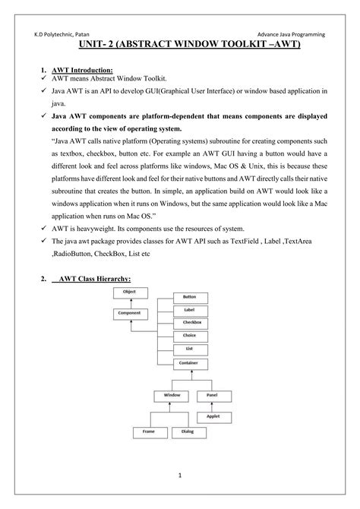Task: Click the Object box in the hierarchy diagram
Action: click(128, 291)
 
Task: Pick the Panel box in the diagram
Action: click(213, 395)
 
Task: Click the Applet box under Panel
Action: click(213, 416)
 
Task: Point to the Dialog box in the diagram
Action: click(187, 432)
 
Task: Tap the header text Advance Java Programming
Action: click(291, 34)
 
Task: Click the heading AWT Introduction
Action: click(81, 69)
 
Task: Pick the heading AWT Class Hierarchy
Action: click(95, 280)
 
